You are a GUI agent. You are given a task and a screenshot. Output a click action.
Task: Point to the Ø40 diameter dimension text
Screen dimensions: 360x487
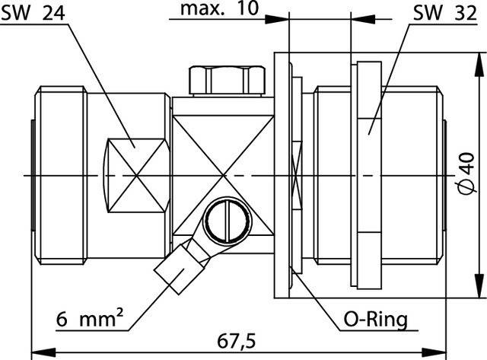tap(471, 174)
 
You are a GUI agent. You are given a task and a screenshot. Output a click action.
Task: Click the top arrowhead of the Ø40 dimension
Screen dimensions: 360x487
tap(483, 57)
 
